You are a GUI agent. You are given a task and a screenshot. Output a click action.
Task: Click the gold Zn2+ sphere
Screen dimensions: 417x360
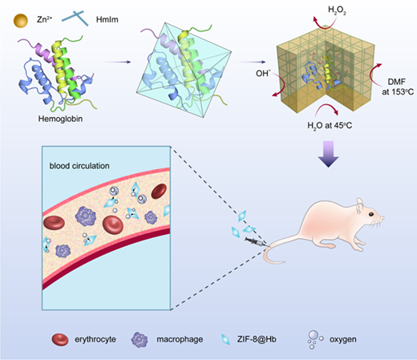click(x=21, y=21)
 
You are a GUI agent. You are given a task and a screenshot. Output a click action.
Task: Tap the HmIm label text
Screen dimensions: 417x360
click(x=107, y=19)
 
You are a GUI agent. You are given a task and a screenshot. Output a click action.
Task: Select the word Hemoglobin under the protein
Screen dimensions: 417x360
click(x=60, y=119)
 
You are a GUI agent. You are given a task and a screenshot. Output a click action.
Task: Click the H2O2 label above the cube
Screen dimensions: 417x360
click(x=337, y=10)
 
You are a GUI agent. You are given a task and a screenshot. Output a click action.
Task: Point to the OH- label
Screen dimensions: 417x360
click(x=263, y=73)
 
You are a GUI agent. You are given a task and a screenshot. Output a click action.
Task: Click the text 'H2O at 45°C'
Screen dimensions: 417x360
click(x=330, y=125)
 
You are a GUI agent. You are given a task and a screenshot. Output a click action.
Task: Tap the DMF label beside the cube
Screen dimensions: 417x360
click(x=397, y=82)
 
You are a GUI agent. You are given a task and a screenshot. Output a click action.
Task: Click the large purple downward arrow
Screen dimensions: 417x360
click(x=329, y=154)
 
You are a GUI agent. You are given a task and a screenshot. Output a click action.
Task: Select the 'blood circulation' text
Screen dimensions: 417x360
click(x=79, y=166)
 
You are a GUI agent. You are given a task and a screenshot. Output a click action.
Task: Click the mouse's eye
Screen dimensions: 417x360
click(x=371, y=214)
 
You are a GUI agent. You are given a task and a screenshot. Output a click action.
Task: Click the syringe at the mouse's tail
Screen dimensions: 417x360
click(x=256, y=241)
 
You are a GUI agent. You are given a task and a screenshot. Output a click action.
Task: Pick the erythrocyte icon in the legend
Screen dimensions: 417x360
click(x=60, y=339)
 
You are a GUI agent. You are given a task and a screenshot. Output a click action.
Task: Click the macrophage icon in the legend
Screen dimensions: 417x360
click(x=140, y=340)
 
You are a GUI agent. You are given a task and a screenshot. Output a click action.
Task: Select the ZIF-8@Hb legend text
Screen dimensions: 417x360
click(x=257, y=339)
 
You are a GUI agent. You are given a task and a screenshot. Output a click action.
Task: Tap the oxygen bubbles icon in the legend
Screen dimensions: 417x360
click(x=315, y=339)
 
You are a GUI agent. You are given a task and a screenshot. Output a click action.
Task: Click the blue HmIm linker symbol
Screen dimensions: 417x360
click(x=75, y=18)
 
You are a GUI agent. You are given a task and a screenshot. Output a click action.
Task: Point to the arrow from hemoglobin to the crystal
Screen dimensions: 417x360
click(x=117, y=62)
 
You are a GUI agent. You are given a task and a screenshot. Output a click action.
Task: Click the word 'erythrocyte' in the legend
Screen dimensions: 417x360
click(x=95, y=339)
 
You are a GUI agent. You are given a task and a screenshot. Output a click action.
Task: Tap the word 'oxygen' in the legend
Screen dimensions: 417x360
click(x=343, y=340)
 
